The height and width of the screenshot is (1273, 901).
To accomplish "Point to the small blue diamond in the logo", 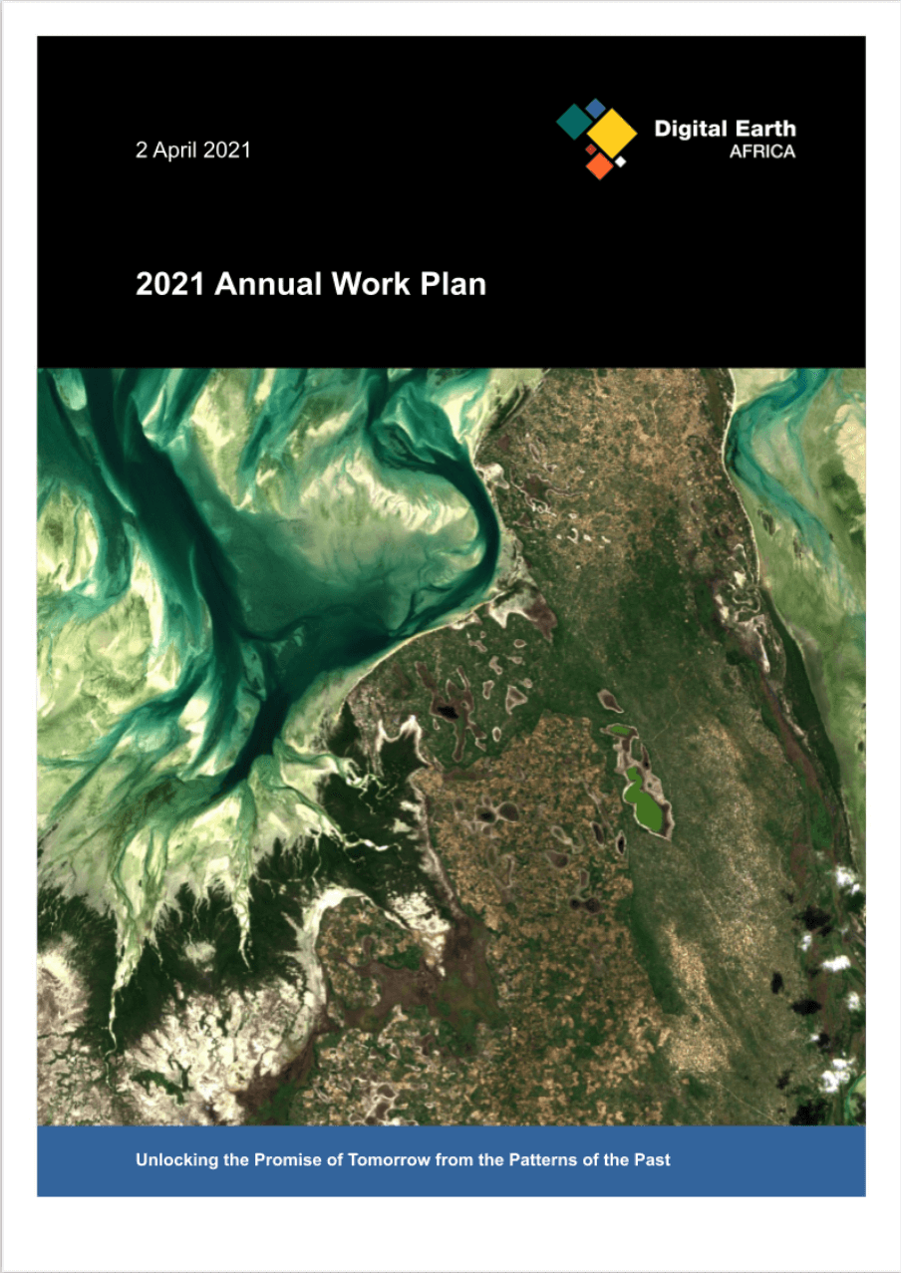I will pyautogui.click(x=596, y=106).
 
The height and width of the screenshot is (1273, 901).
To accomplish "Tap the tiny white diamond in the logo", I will pyautogui.click(x=620, y=160).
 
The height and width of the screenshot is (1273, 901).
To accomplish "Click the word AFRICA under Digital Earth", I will pyautogui.click(x=762, y=153).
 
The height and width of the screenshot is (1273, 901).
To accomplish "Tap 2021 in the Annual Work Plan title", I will pyautogui.click(x=170, y=285).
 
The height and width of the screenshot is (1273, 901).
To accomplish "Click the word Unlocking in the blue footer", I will pyautogui.click(x=174, y=1160).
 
